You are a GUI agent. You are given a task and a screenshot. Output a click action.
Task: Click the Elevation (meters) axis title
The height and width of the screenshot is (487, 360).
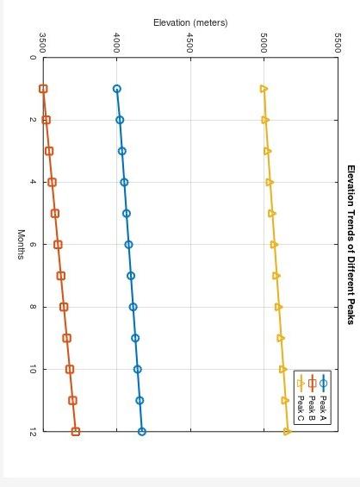tap(190, 22)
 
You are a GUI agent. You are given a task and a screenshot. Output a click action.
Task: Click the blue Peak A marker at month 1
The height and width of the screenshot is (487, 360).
tap(117, 89)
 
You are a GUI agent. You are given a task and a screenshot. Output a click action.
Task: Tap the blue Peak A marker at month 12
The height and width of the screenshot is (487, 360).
tap(142, 432)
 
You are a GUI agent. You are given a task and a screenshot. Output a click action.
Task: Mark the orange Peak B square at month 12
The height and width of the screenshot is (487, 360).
tap(76, 432)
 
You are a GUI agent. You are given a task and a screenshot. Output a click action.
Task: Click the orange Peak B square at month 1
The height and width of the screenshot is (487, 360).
tap(43, 89)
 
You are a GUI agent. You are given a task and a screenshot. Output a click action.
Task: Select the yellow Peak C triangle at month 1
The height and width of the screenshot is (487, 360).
tap(264, 89)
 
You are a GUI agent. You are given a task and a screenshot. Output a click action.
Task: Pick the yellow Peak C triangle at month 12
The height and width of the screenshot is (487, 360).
tap(288, 432)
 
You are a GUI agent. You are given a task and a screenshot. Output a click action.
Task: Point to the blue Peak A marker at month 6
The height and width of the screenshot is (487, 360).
tap(128, 245)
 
